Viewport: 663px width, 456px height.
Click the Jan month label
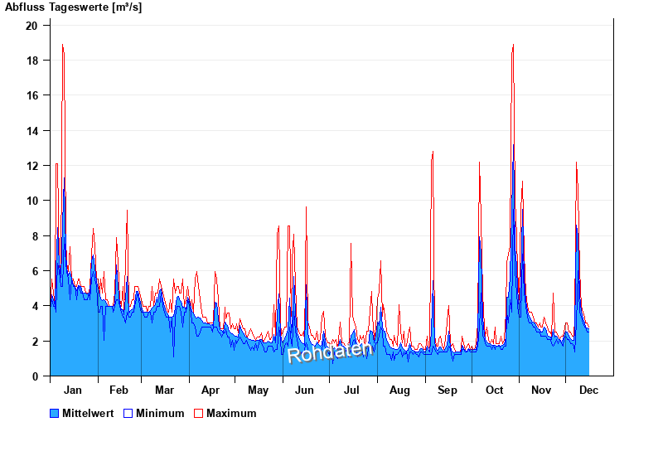pyautogui.click(x=73, y=391)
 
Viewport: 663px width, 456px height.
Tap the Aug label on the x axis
pyautogui.click(x=399, y=391)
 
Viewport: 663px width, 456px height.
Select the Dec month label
pyautogui.click(x=588, y=391)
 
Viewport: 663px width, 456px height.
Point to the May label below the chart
pyautogui.click(x=258, y=391)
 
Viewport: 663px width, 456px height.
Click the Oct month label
pyautogui.click(x=494, y=391)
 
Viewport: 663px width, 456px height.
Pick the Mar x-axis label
pyautogui.click(x=164, y=391)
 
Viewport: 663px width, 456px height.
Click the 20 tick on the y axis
pyautogui.click(x=31, y=26)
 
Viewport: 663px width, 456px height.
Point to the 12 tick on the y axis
pyautogui.click(x=31, y=166)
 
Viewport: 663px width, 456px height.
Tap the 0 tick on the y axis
pyautogui.click(x=35, y=376)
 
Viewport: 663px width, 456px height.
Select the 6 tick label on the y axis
pyautogui.click(x=35, y=271)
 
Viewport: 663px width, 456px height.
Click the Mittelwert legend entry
pyautogui.click(x=87, y=413)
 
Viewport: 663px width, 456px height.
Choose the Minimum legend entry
pyautogui.click(x=160, y=413)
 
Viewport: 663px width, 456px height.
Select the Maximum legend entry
pyautogui.click(x=231, y=413)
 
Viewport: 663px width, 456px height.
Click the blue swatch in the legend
pyautogui.click(x=55, y=413)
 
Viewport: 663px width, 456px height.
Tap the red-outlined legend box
pyautogui.click(x=198, y=413)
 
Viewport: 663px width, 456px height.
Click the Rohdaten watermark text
pyautogui.click(x=330, y=352)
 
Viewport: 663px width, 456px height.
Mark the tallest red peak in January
pyautogui.click(x=62, y=46)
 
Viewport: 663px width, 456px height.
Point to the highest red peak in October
pyautogui.click(x=513, y=46)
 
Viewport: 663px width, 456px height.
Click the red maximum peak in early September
pyautogui.click(x=433, y=153)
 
